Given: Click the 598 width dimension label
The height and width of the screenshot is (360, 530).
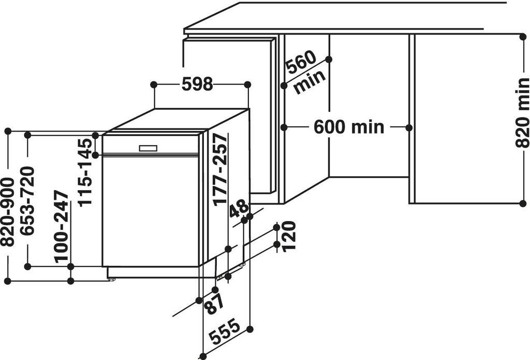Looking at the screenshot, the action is point(197,84).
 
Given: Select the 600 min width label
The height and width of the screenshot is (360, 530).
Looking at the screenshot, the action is point(349,127).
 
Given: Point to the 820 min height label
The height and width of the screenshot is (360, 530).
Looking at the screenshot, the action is point(522,112).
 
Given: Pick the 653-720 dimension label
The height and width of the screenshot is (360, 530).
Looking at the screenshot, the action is point(27,200).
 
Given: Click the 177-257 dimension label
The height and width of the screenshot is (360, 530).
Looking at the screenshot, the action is point(220,169).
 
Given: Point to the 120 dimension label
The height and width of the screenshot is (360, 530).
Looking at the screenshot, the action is point(289,236).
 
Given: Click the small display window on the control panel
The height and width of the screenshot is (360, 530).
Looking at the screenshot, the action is point(148,148).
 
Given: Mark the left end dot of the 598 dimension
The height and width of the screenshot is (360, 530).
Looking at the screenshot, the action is point(153,84).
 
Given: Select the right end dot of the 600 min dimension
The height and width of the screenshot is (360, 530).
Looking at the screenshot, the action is point(409,127).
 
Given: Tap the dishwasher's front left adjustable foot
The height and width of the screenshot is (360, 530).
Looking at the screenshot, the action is point(110,279).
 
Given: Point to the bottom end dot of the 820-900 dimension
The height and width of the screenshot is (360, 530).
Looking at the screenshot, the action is point(8,281).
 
